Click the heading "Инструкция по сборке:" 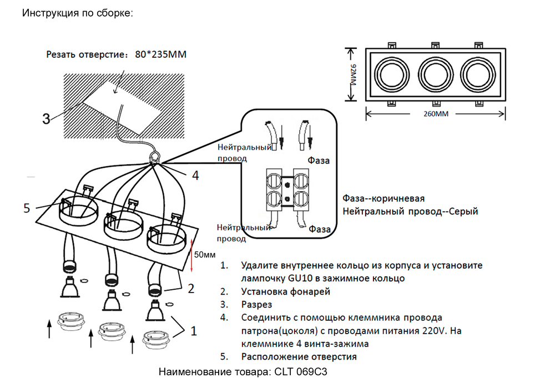click(x=78, y=13)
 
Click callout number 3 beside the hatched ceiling click(x=47, y=118)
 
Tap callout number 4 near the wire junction click(x=195, y=175)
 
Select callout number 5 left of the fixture click(x=27, y=208)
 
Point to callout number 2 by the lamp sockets click(x=190, y=288)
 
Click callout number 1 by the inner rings click(x=193, y=331)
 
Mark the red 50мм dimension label click(x=204, y=255)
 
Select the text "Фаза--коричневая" click(x=384, y=199)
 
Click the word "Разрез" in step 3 click(x=256, y=304)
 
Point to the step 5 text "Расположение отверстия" click(x=299, y=356)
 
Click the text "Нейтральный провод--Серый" click(x=410, y=211)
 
